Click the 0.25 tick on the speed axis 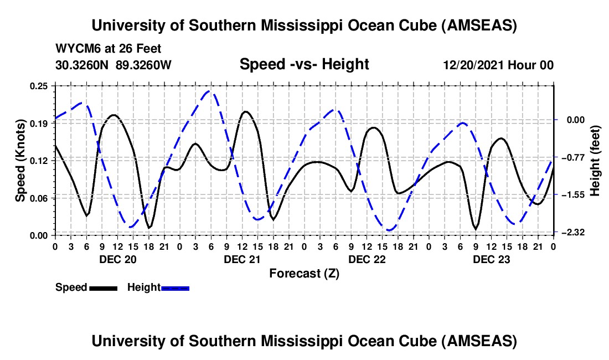(x=40, y=86)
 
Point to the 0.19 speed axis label (x=40, y=124)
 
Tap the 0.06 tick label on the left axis (x=40, y=198)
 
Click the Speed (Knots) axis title (x=20, y=161)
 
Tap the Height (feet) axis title (x=595, y=161)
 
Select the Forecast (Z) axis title (x=304, y=273)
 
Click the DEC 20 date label (x=117, y=259)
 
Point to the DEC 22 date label (x=367, y=259)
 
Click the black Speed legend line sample (x=103, y=288)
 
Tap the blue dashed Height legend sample (x=176, y=288)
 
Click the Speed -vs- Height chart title (x=304, y=64)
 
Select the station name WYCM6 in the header (x=76, y=49)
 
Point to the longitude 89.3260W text (x=144, y=65)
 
